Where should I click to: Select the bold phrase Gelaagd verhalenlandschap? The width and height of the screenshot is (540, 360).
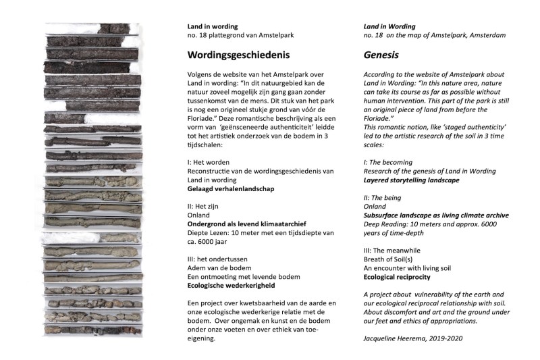(231, 190)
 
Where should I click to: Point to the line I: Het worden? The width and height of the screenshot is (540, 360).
(210, 161)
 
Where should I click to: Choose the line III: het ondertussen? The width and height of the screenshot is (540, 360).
(220, 257)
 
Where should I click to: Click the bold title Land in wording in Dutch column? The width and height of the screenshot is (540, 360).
(213, 26)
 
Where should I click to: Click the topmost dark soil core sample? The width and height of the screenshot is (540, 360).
(112, 28)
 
